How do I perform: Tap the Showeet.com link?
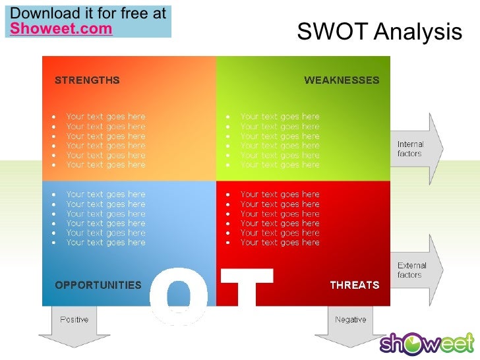pyautogui.click(x=61, y=28)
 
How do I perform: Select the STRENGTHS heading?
pyautogui.click(x=87, y=80)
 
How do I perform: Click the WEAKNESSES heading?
pyautogui.click(x=342, y=80)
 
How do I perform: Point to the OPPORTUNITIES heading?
pyautogui.click(x=98, y=285)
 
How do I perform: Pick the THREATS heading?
pyautogui.click(x=354, y=285)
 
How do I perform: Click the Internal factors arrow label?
pyautogui.click(x=410, y=149)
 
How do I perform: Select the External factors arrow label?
pyautogui.click(x=411, y=270)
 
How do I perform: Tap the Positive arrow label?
pyautogui.click(x=75, y=320)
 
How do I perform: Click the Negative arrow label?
pyautogui.click(x=350, y=320)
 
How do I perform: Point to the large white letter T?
pyautogui.click(x=247, y=290)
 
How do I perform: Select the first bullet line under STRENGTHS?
pyautogui.click(x=105, y=117)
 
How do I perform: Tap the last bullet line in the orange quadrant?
pyautogui.click(x=105, y=165)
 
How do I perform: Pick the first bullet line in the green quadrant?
pyautogui.click(x=280, y=117)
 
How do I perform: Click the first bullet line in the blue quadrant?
pyautogui.click(x=105, y=195)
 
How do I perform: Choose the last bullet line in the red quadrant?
pyautogui.click(x=280, y=243)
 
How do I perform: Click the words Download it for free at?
pyautogui.click(x=88, y=13)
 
